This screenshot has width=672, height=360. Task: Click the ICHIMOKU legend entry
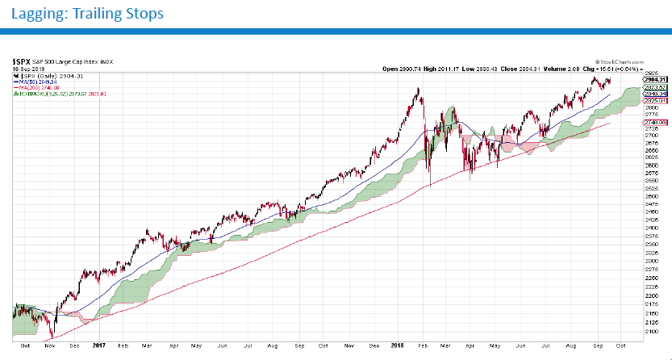(x=56, y=94)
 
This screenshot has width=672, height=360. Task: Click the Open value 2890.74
(x=400, y=69)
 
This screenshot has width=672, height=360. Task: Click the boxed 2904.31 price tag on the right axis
(x=654, y=79)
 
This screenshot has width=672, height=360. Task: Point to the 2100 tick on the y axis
(x=650, y=331)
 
